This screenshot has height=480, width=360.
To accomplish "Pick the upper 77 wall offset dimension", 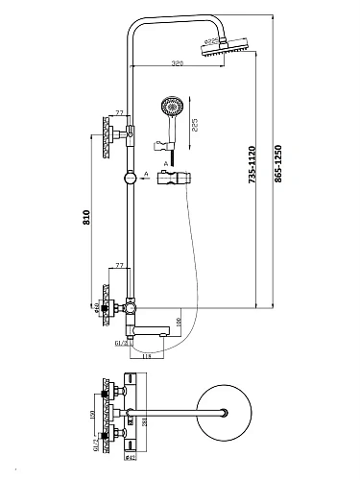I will coord(119,112).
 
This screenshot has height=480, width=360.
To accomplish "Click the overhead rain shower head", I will coord(223,47).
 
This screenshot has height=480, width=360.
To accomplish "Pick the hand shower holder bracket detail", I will coord(173,178).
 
